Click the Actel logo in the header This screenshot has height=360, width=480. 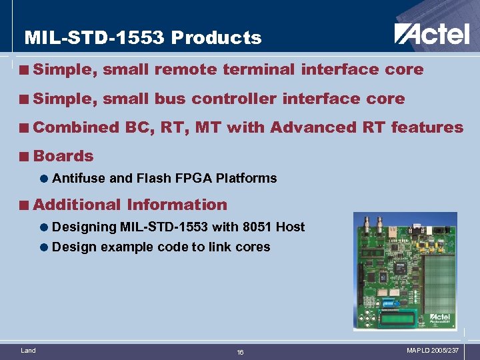pyautogui.click(x=431, y=33)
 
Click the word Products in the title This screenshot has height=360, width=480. pyautogui.click(x=216, y=38)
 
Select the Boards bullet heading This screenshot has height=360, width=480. pyautogui.click(x=63, y=156)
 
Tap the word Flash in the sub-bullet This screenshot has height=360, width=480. pyautogui.click(x=152, y=178)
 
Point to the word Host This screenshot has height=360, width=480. pyautogui.click(x=290, y=227)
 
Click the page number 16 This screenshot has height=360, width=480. pyautogui.click(x=240, y=352)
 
